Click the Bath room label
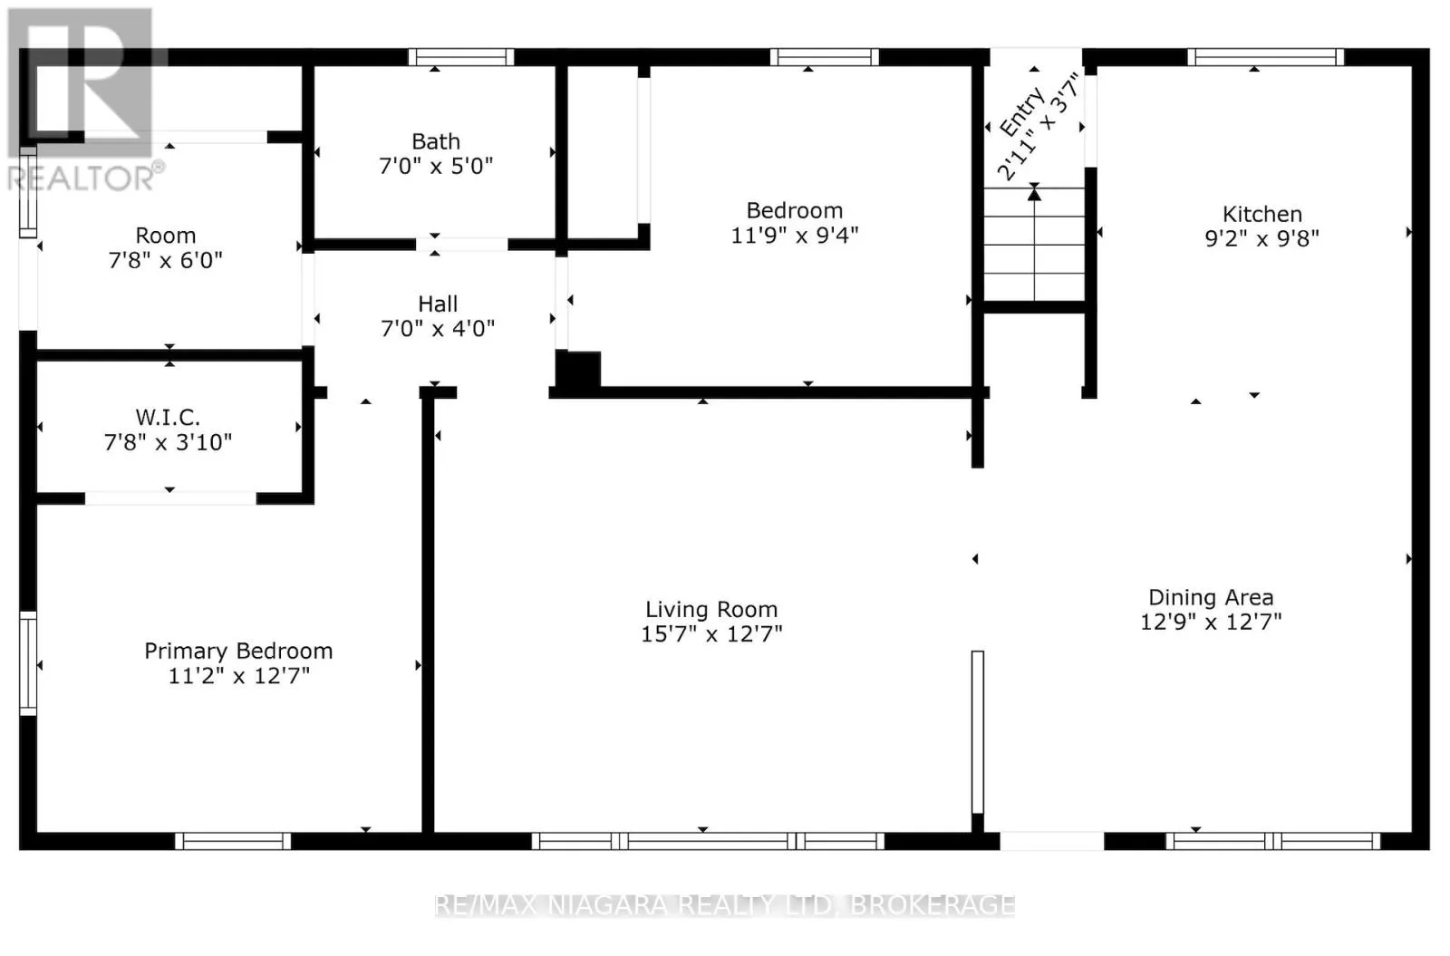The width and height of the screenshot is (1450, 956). pos(436,141)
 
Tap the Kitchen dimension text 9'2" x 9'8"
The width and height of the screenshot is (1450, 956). pos(1261,238)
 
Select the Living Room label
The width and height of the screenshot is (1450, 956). pos(711,609)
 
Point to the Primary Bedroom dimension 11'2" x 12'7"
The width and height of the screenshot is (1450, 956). pos(239,676)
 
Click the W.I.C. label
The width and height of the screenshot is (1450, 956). pos(168,417)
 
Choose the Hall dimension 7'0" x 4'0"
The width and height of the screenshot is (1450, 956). pos(438,329)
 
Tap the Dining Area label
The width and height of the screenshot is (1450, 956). pos(1211,597)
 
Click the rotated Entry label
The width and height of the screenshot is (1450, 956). pos(1021,111)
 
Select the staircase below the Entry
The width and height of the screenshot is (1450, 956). pos(1034,244)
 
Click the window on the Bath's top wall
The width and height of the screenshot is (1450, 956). pos(461,57)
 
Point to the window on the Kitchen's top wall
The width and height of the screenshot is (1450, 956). pos(1265,57)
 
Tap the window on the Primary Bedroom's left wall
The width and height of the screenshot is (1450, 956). pos(28,663)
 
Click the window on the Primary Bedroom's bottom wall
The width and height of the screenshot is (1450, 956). pos(233,841)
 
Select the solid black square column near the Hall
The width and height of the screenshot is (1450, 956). pos(578,369)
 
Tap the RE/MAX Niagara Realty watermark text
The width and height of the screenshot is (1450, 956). pos(724,905)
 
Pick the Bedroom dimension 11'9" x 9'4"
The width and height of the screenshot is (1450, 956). pos(794,236)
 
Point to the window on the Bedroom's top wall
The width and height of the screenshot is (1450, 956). pos(825,57)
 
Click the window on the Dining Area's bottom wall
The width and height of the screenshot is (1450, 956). pos(1273,841)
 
